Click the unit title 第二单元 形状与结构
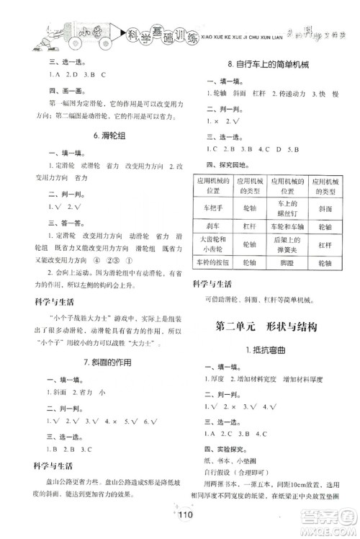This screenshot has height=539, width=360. coord(267,326)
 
